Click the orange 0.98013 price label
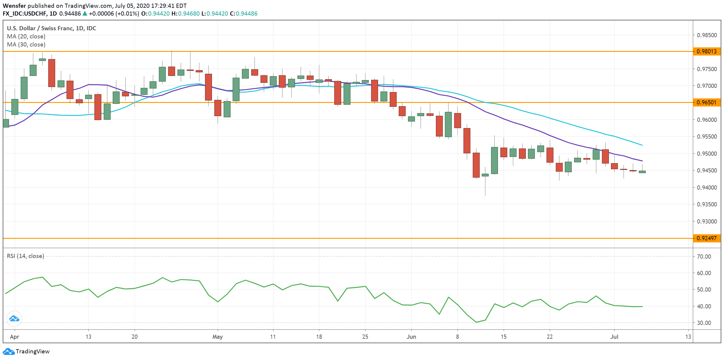click(x=706, y=51)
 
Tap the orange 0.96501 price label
click(x=706, y=102)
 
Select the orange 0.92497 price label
click(x=706, y=238)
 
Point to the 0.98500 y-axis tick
click(x=707, y=35)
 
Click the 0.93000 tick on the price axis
click(x=707, y=221)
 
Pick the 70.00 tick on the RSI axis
click(x=704, y=256)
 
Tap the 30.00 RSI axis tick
click(x=704, y=323)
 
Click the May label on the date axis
click(x=217, y=337)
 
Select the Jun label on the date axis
click(x=411, y=337)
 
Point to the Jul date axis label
click(x=614, y=337)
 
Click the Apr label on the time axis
click(x=14, y=337)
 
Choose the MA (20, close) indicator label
click(x=26, y=36)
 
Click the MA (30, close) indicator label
click(x=26, y=44)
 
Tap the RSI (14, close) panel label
click(x=25, y=256)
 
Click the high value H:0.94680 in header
click(x=185, y=13)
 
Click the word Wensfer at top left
click(x=14, y=6)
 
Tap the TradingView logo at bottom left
click(x=26, y=351)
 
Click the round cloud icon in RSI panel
click(x=14, y=319)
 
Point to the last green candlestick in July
click(x=642, y=172)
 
